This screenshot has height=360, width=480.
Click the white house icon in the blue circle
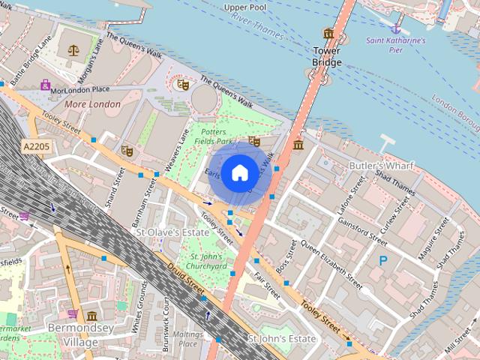click(x=238, y=172)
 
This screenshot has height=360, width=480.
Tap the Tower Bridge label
click(x=327, y=56)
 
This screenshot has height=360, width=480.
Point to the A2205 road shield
click(x=35, y=146)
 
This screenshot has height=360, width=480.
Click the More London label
click(x=92, y=104)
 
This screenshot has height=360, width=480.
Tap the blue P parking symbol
click(x=383, y=261)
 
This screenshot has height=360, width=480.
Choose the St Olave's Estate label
click(x=172, y=232)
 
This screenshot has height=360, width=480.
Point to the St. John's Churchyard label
click(x=205, y=260)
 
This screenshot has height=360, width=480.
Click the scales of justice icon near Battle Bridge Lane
click(x=73, y=50)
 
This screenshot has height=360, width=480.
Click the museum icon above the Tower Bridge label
click(x=328, y=33)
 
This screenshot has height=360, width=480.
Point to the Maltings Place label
click(x=187, y=338)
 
